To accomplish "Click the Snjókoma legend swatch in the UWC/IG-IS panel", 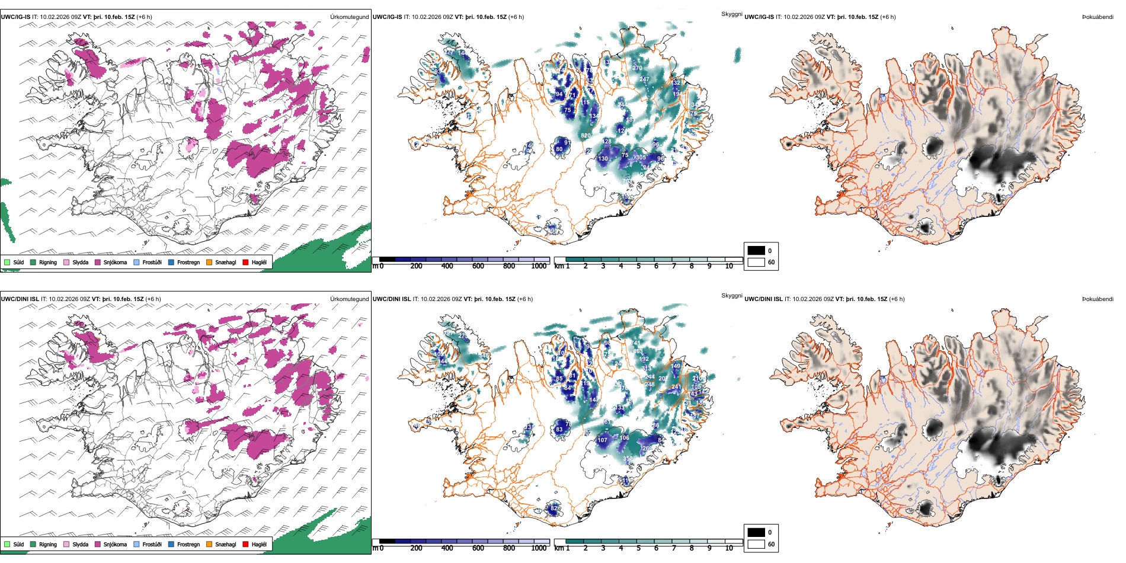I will click(x=97, y=262).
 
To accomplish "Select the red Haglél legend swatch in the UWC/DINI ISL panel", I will click(x=245, y=544).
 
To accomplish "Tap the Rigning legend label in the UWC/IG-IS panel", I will click(x=48, y=262).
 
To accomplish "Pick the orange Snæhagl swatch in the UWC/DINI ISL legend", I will click(x=209, y=544).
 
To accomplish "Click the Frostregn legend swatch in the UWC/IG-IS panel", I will click(x=171, y=262).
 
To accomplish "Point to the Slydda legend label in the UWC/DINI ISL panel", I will click(x=80, y=544).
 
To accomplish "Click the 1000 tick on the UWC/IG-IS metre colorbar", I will click(x=539, y=266).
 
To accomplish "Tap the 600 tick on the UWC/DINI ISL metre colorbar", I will click(x=478, y=548).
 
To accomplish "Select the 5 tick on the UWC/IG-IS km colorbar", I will click(x=638, y=266).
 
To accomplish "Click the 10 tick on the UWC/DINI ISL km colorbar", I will click(x=729, y=548).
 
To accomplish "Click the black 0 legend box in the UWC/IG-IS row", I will click(x=756, y=251).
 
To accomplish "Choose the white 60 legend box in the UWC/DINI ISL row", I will click(x=756, y=544).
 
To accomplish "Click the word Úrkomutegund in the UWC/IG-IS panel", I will click(x=349, y=17).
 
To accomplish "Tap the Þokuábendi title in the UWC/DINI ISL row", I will click(x=1098, y=299).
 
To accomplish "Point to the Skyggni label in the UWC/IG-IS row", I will click(x=731, y=14).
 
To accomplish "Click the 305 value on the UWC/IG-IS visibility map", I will click(x=641, y=158).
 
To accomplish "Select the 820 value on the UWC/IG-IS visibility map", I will click(x=586, y=136).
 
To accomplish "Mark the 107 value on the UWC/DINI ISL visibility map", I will click(x=602, y=440).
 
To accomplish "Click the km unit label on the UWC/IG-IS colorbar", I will click(x=558, y=266).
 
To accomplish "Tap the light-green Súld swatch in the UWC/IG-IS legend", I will click(x=7, y=262).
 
